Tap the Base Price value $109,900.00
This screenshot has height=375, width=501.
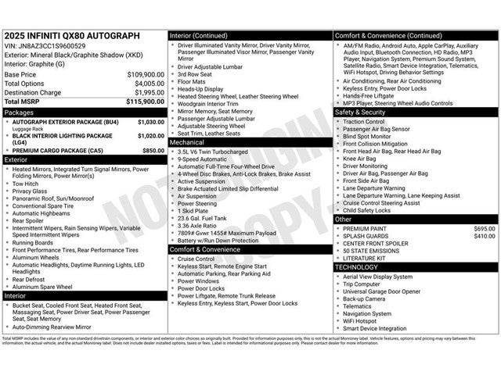coord(146,74)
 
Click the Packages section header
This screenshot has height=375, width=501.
coord(20,112)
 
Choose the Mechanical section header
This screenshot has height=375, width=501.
coord(187,143)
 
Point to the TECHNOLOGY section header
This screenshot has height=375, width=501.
coord(356,266)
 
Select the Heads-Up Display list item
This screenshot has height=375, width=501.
coord(202,89)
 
